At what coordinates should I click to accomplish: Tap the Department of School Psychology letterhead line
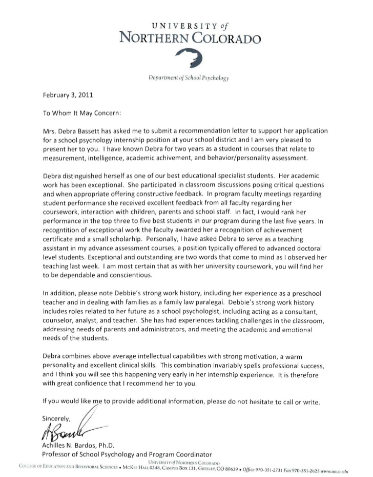coord(188,78)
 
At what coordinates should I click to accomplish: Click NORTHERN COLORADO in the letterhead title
coord(189,38)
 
